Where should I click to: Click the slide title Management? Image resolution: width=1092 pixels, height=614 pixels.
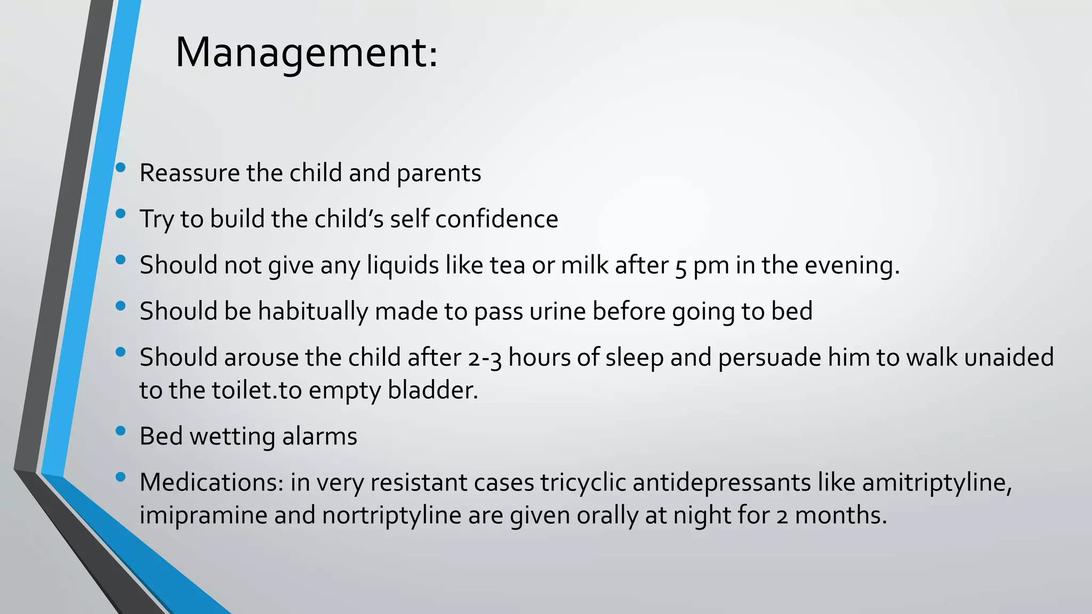(x=307, y=53)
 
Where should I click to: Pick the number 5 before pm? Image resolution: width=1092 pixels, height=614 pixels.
(x=680, y=266)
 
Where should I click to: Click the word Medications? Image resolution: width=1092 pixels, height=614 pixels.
(x=212, y=482)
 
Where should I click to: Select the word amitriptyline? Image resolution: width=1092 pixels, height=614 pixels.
(x=936, y=482)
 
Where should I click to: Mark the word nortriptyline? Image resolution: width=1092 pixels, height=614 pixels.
(x=391, y=515)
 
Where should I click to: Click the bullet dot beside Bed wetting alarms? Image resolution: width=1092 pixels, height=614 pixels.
(x=121, y=430)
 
